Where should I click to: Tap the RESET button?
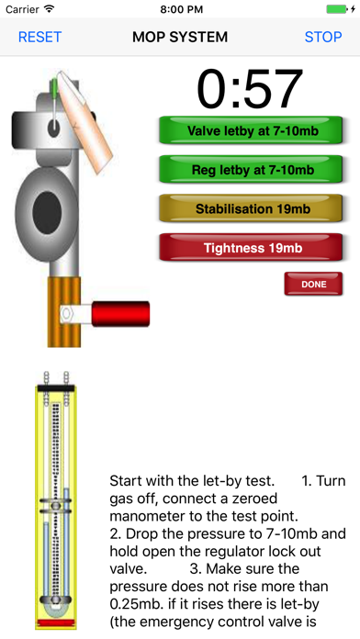click(x=39, y=37)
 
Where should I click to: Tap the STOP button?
click(x=323, y=37)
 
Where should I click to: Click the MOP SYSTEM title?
click(x=180, y=37)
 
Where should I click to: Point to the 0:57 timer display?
click(x=250, y=90)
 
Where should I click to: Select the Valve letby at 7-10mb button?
click(x=251, y=130)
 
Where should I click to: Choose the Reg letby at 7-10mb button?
click(x=251, y=170)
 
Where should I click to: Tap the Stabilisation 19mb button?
click(x=251, y=208)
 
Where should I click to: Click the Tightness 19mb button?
click(x=251, y=247)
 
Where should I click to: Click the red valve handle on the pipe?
click(x=120, y=314)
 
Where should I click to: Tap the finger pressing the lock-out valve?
click(x=84, y=120)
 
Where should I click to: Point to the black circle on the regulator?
click(x=47, y=213)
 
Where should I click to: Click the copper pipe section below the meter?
click(x=64, y=312)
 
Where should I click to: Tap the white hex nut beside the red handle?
click(x=65, y=314)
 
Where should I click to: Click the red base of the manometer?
click(x=56, y=622)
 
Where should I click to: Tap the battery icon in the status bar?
click(x=337, y=9)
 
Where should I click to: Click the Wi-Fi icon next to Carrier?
click(x=50, y=8)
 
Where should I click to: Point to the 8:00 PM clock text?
click(x=182, y=9)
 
